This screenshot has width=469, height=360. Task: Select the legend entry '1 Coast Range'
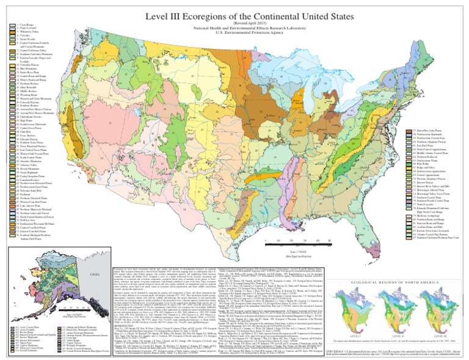click(x=24, y=24)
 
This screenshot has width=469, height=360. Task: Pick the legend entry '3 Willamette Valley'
click(x=27, y=31)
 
